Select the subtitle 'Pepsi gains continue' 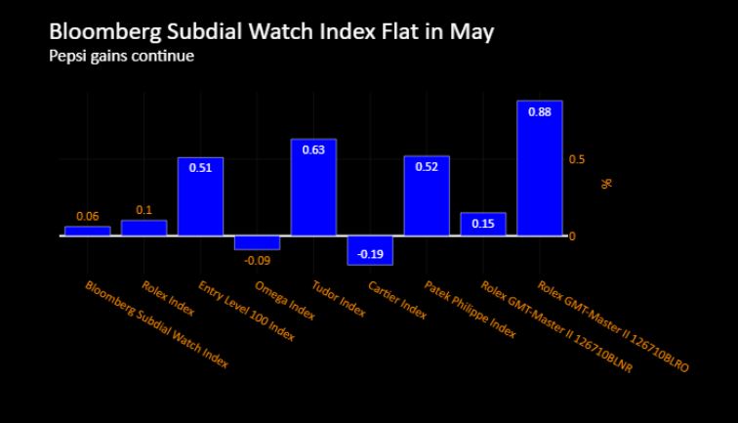[x=122, y=56]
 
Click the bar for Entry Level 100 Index [x=200, y=197]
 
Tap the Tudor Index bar [x=313, y=188]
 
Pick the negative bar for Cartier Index [x=370, y=250]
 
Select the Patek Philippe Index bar [x=427, y=196]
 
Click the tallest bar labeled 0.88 [x=539, y=168]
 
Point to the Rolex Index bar [x=143, y=229]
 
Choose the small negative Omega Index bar [x=257, y=242]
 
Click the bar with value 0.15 [x=483, y=224]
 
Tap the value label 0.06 [x=87, y=216]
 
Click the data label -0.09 [x=257, y=261]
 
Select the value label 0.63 [x=313, y=149]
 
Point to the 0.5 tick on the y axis [x=577, y=159]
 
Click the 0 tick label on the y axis [x=573, y=236]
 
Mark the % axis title [x=606, y=182]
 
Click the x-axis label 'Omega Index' [x=284, y=300]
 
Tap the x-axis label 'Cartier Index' [x=397, y=300]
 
